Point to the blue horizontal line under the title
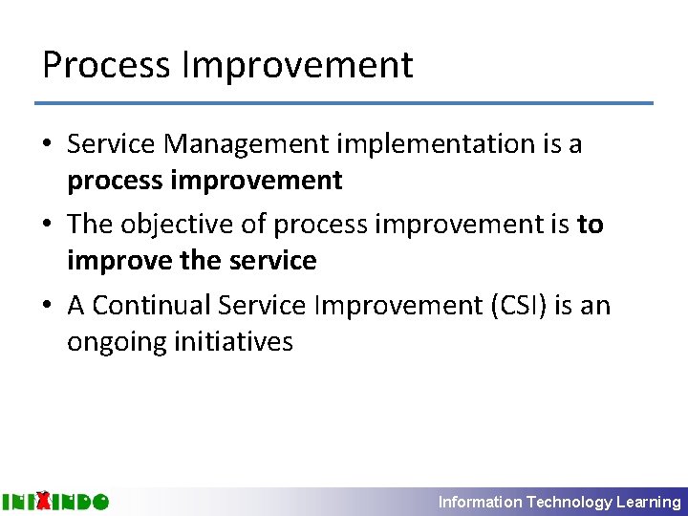[344, 102]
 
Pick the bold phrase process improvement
[204, 180]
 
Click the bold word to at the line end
[591, 225]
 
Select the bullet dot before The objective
[48, 226]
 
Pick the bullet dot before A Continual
[48, 307]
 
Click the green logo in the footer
[54, 501]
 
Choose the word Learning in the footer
[649, 502]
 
